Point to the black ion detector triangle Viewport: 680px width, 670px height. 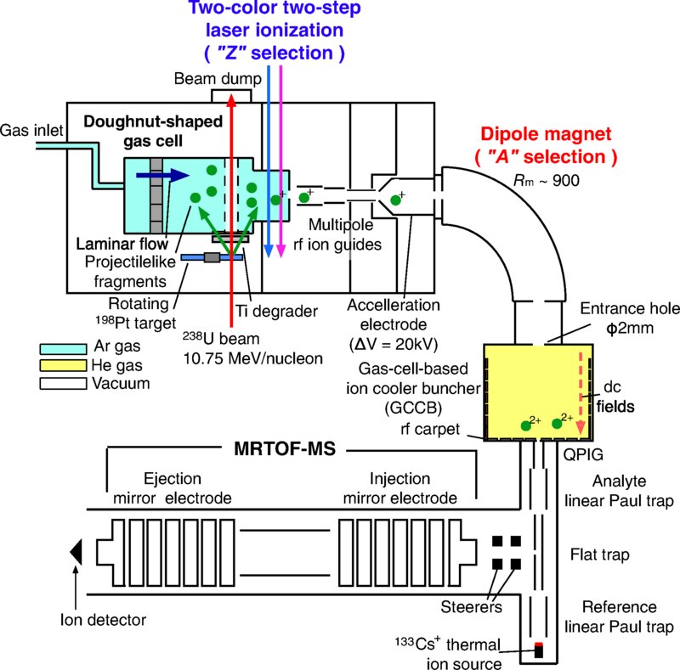tap(76, 552)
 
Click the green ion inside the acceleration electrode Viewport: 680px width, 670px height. tap(396, 200)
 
